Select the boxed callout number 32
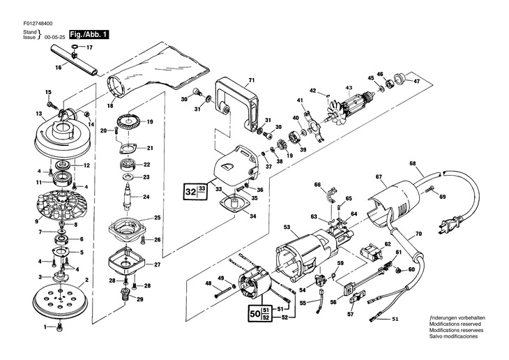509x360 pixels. (x=190, y=191)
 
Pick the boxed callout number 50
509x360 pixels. (x=252, y=313)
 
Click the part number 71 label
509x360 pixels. (x=252, y=80)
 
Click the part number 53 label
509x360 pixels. (x=286, y=227)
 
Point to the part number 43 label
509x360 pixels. (x=347, y=88)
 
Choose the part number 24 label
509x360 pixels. (x=147, y=197)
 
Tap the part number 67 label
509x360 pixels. (x=379, y=176)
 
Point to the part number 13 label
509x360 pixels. (x=38, y=113)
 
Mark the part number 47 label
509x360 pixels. (x=417, y=82)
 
